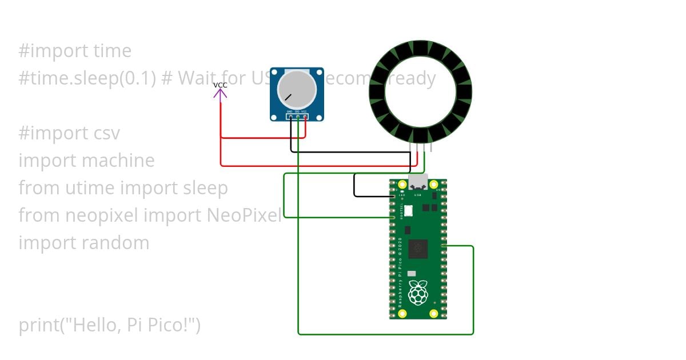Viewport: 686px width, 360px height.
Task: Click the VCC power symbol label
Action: point(220,85)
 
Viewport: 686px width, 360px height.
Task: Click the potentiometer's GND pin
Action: point(290,117)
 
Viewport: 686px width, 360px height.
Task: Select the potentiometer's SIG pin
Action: point(298,117)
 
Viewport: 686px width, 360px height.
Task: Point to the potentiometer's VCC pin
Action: point(305,117)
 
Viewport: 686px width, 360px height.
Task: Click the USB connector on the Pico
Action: point(418,182)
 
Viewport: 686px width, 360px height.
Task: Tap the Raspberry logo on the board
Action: point(418,293)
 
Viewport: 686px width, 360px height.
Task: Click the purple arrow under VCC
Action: point(220,93)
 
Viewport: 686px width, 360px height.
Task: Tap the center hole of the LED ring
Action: point(420,92)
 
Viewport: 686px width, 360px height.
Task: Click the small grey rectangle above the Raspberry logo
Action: point(412,274)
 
